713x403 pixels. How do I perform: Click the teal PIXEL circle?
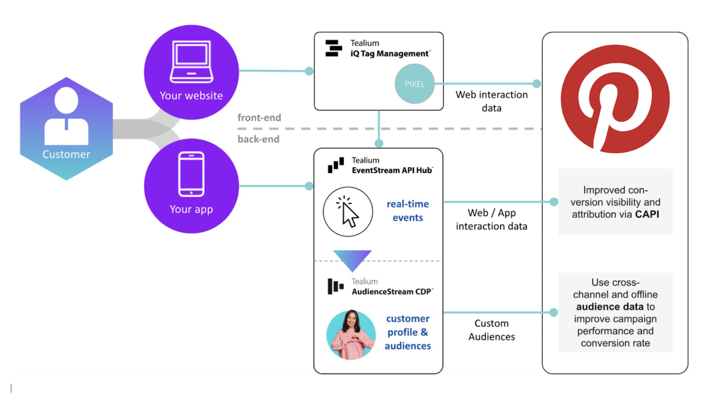pos(414,84)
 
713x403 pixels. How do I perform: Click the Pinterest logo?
pos(615,99)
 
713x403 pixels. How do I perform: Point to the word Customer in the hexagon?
pos(66,154)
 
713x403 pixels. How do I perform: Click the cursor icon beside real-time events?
pos(348,212)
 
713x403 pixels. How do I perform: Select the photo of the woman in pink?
pos(351,335)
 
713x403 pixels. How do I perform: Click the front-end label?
pos(259,118)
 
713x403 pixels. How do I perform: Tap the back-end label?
pos(258,139)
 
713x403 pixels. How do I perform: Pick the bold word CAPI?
pos(647,214)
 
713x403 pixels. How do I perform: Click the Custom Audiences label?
pos(491,330)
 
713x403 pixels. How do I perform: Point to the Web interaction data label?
pos(491,101)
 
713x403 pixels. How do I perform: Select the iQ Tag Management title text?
pos(389,53)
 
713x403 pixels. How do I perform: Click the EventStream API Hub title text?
pos(392,170)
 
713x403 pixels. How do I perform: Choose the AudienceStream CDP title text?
pos(391,292)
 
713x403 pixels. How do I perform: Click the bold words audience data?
pos(610,307)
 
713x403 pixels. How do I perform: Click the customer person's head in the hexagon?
pos(66,100)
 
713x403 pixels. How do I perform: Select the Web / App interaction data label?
pos(491,220)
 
